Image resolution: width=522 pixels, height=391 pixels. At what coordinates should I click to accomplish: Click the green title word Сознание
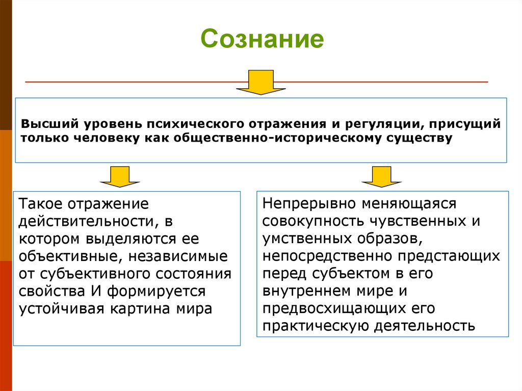(262, 39)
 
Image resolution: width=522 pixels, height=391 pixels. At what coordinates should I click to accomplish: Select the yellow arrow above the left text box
(120, 175)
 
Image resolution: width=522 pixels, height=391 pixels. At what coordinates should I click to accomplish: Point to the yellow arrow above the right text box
(381, 175)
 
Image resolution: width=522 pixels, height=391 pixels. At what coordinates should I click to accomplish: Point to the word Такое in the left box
(39, 204)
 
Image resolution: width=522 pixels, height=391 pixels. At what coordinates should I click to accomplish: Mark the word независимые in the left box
(182, 256)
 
